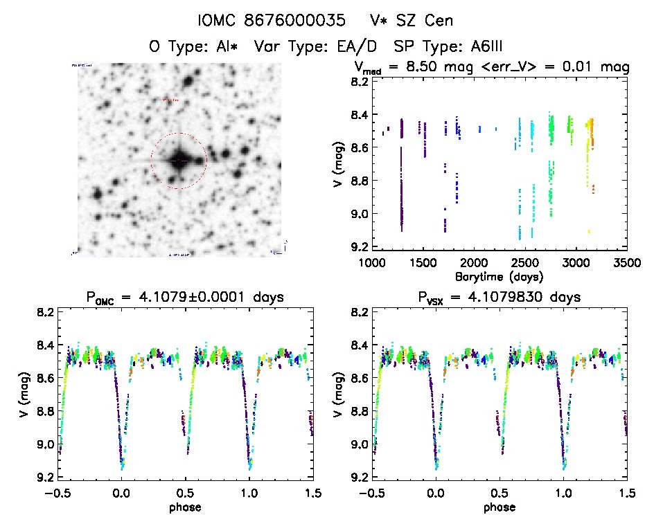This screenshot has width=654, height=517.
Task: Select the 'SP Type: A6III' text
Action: coord(448,47)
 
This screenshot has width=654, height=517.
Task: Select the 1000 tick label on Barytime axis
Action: coord(373,263)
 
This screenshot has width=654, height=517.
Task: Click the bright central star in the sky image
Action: coord(179,160)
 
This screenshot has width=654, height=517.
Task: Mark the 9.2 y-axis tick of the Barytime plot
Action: coord(358,246)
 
